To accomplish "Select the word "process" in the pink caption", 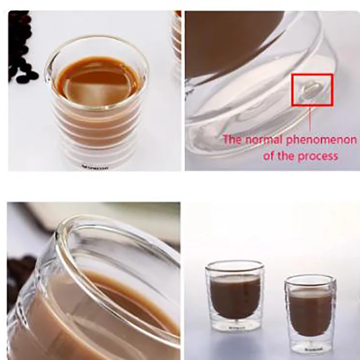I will coord(319,156).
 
